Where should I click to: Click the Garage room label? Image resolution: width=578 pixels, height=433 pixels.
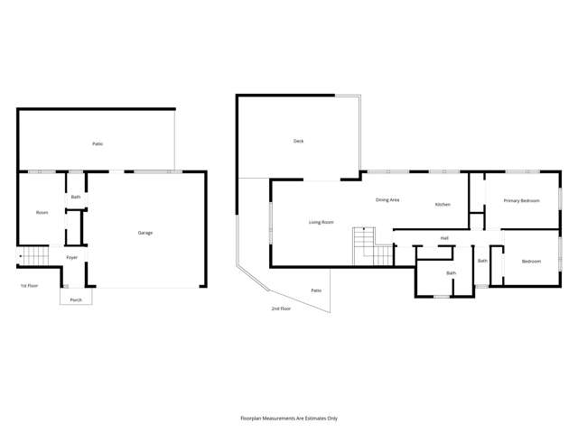coord(144,233)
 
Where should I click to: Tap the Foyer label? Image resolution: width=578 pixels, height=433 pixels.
coord(71,258)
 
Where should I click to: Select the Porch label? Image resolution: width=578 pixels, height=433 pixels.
coord(76,299)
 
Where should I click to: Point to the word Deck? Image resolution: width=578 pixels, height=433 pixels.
coord(298,141)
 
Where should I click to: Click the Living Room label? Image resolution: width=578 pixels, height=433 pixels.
coord(322,221)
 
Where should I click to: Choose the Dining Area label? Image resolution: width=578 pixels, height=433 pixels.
coord(387,199)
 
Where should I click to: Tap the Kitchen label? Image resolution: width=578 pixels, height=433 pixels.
coord(443,205)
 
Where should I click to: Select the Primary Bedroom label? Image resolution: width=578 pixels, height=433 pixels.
coord(521,200)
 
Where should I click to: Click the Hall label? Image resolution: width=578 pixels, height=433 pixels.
coord(444,238)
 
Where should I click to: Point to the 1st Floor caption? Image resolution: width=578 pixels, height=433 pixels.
coord(29,286)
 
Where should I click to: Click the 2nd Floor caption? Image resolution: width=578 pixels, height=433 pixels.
coord(281,309)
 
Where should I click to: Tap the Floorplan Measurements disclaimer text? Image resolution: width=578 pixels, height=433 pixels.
coord(288,418)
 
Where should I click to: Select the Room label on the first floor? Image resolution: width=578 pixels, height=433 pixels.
coord(42,212)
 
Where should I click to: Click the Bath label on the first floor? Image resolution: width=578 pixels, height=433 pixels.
coord(76,197)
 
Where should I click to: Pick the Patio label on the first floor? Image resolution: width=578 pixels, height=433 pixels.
coord(97,143)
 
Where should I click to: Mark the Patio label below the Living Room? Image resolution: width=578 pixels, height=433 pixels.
coord(316,290)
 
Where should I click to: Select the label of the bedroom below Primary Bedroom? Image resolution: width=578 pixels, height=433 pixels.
coord(531,262)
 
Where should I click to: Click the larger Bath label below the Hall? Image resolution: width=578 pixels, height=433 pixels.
coord(451,272)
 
